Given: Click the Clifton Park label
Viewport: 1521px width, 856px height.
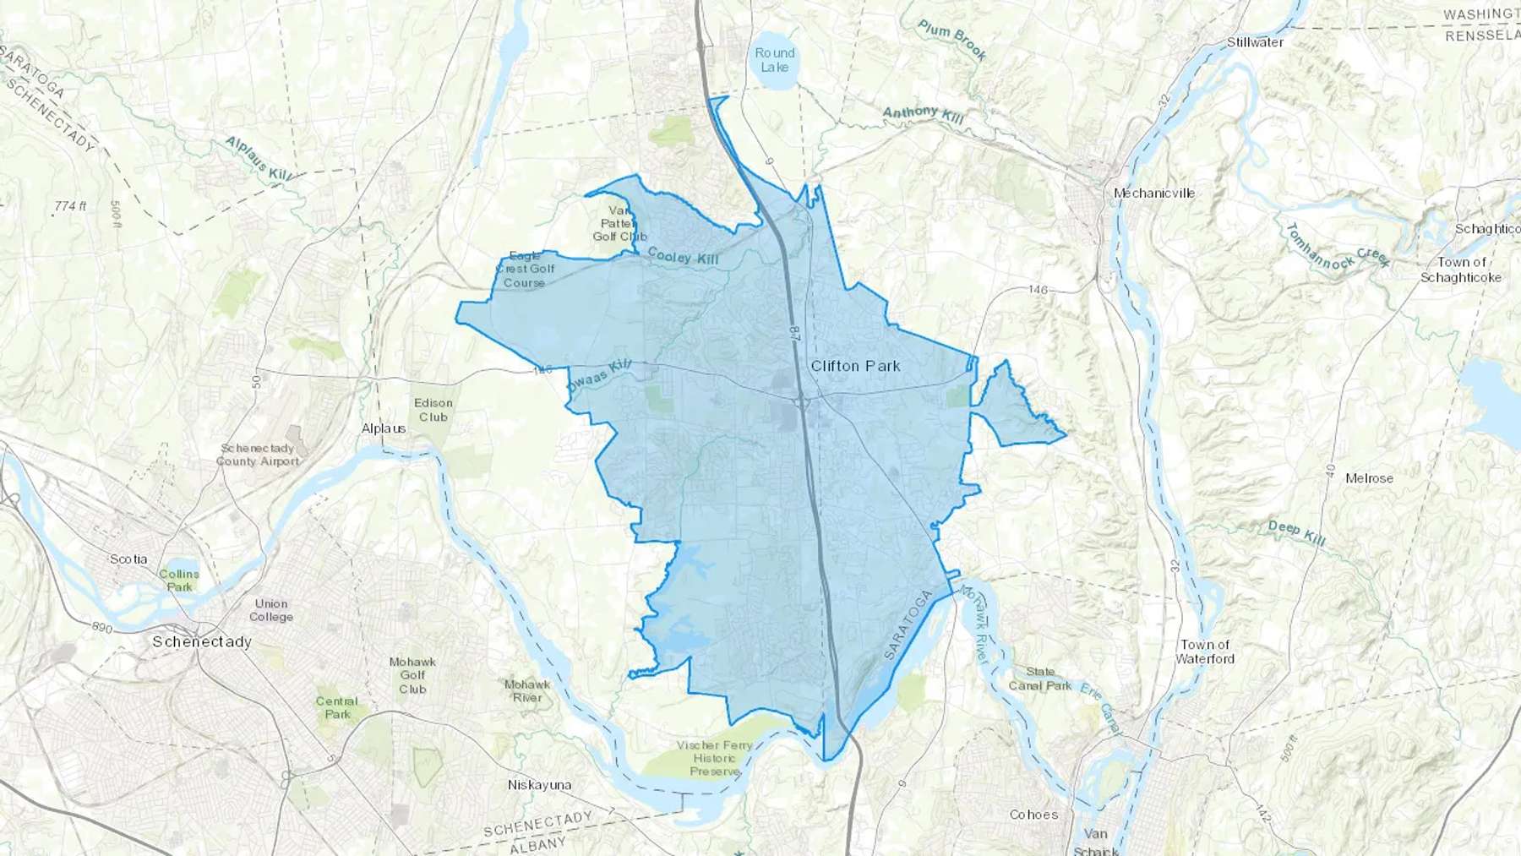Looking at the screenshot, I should tap(855, 366).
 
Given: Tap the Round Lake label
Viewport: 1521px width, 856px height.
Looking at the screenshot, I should tap(774, 60).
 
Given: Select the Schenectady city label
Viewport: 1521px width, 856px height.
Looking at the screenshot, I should tap(202, 641).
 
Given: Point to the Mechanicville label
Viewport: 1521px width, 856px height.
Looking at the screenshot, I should tap(1153, 193).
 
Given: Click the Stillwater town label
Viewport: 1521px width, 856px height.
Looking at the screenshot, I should tap(1255, 41).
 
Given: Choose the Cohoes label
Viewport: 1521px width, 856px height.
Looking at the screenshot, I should tap(1033, 815).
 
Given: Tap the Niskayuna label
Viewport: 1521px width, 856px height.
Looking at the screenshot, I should tap(539, 785).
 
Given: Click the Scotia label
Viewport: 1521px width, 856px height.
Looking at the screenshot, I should tap(128, 559).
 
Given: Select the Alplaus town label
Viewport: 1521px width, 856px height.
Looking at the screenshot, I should tap(384, 428).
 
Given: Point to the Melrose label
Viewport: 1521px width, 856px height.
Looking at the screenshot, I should tap(1369, 478).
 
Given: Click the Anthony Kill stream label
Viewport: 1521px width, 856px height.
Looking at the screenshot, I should tap(923, 115).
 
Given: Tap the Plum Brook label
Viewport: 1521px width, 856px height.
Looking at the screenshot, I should tap(952, 40).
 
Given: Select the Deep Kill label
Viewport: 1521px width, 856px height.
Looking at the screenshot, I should tap(1296, 532).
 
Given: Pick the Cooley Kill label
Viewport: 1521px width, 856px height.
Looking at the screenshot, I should tap(683, 255).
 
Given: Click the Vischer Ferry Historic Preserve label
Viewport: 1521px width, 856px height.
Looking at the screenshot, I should tap(714, 758).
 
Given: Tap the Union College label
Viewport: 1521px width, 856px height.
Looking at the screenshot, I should tap(271, 610).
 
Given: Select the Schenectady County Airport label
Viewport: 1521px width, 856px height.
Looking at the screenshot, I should tap(258, 455).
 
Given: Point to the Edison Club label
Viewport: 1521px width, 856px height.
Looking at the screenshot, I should tap(433, 410).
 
